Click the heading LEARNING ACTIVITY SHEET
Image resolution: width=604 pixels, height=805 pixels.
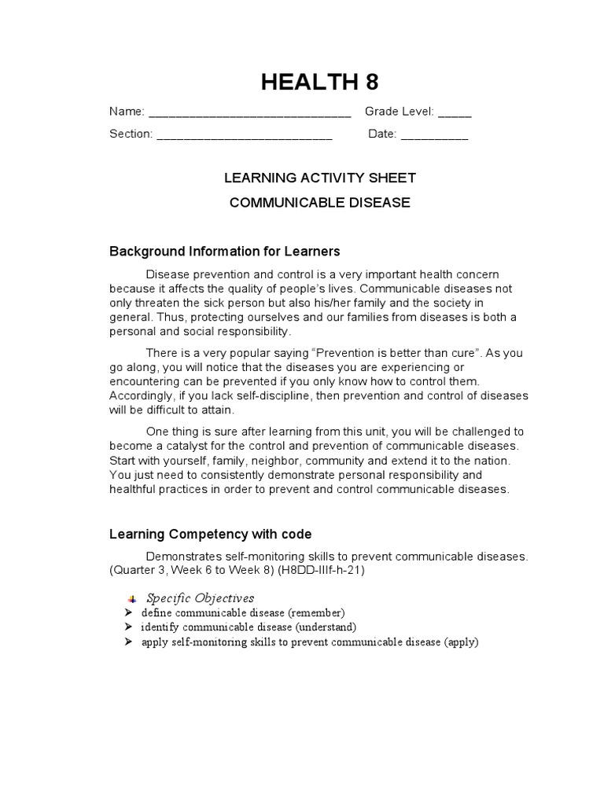coord(320,178)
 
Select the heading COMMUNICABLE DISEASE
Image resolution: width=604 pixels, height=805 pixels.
coord(320,203)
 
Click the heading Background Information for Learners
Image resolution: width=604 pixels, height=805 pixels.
coord(224,252)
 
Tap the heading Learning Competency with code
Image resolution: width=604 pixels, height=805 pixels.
coord(211,535)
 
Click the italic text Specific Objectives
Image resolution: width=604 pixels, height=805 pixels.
coord(201,598)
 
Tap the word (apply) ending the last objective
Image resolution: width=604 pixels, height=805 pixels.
coord(461,642)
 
